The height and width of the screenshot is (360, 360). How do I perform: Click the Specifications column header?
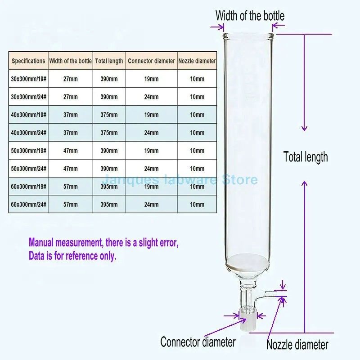[x=28, y=61]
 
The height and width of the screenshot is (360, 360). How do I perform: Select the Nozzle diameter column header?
[x=197, y=61]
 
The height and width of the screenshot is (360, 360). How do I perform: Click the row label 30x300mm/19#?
[x=28, y=79]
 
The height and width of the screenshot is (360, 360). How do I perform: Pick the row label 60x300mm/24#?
[x=28, y=205]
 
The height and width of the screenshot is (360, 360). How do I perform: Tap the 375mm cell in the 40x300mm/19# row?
[x=109, y=115]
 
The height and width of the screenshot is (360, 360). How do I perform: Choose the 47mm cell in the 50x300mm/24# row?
[x=70, y=169]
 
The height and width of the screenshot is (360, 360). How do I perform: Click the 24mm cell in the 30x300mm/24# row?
[x=151, y=97]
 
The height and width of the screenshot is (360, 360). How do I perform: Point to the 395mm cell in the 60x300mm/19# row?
[x=109, y=187]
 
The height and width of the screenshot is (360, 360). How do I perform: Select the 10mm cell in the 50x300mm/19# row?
[x=197, y=151]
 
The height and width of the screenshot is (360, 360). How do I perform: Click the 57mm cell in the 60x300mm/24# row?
[x=70, y=205]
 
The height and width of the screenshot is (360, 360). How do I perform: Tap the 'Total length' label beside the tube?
[x=306, y=157]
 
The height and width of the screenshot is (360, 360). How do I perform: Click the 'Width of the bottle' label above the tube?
[x=250, y=16]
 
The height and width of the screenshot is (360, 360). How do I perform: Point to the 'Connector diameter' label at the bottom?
[x=198, y=342]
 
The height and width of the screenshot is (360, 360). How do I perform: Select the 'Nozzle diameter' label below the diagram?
[x=297, y=345]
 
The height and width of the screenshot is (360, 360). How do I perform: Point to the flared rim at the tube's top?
[x=249, y=36]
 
